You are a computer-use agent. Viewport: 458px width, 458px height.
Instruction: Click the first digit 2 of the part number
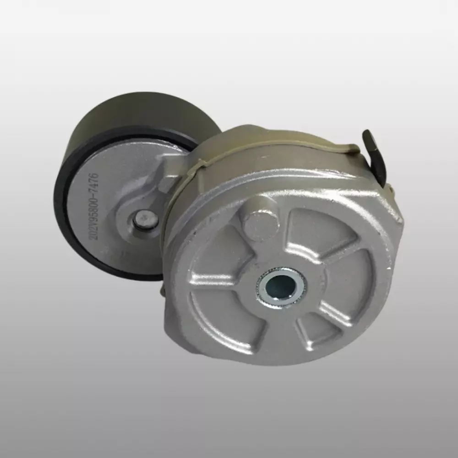point(94,237)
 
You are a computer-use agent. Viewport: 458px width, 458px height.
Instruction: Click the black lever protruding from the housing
point(374,157)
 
